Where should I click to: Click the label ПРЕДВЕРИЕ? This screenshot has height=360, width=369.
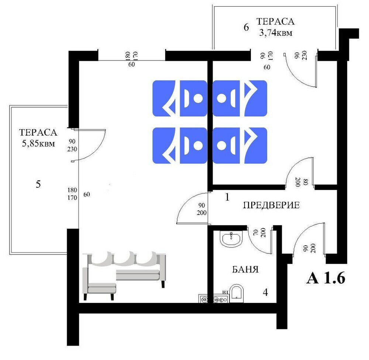[x=271, y=205]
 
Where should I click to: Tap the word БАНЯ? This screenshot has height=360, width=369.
[x=245, y=270]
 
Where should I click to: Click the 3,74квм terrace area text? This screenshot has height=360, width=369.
[x=276, y=33]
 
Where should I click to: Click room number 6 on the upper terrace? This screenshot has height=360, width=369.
[x=246, y=28]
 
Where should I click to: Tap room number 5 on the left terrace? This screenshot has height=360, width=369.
[x=38, y=184]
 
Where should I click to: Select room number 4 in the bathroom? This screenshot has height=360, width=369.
[x=265, y=292]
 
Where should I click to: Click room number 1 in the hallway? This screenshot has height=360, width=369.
[x=227, y=197]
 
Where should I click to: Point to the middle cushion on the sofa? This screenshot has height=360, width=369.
[x=124, y=258]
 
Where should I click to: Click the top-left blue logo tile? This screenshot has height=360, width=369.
[x=180, y=98]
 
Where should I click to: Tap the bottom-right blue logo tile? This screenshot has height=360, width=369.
[x=239, y=145]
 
